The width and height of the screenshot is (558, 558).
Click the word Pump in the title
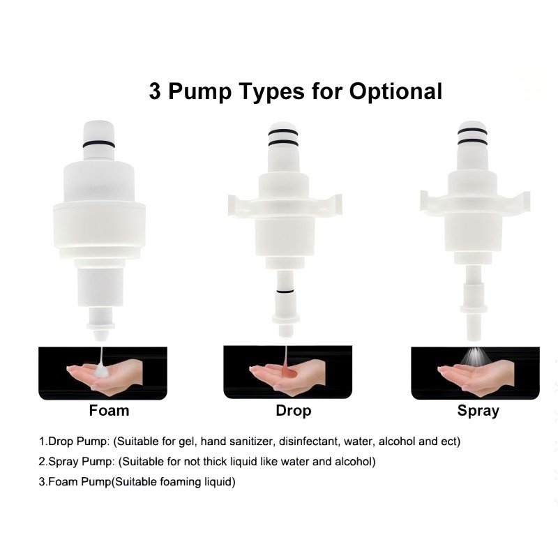click(x=199, y=92)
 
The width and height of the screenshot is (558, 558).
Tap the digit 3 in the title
click(x=155, y=91)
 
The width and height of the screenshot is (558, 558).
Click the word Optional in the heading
click(x=395, y=92)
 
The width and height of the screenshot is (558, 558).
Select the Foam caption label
click(x=109, y=410)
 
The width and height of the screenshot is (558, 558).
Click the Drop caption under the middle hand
click(x=294, y=411)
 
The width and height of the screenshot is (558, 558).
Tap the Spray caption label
click(x=478, y=411)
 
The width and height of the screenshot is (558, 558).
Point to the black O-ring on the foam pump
click(x=99, y=144)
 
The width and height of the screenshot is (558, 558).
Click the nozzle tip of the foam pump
click(x=100, y=336)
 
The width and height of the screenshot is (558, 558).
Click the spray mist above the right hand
click(x=474, y=356)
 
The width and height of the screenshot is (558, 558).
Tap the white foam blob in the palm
click(x=103, y=372)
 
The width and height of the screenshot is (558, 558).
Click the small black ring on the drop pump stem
click(x=285, y=292)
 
